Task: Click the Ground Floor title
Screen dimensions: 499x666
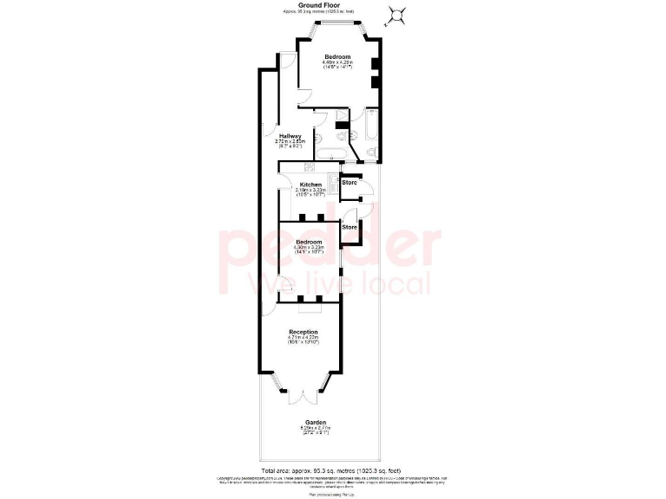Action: pyautogui.click(x=332, y=5)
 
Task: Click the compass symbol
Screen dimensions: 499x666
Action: pyautogui.click(x=396, y=15)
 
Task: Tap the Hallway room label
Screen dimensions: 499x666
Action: pyautogui.click(x=290, y=136)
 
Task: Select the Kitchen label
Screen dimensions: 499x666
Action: pyautogui.click(x=311, y=185)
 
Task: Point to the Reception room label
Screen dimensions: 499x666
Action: pyautogui.click(x=303, y=332)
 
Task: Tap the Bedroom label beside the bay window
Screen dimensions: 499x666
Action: pyautogui.click(x=337, y=57)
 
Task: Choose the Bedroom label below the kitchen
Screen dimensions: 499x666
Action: pyautogui.click(x=309, y=242)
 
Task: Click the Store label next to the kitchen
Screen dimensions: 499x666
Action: pyautogui.click(x=349, y=183)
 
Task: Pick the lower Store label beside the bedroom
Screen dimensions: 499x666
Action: pyautogui.click(x=349, y=227)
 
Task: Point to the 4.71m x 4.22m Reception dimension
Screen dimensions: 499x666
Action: pyautogui.click(x=303, y=339)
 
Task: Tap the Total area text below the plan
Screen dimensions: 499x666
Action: pyautogui.click(x=332, y=469)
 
